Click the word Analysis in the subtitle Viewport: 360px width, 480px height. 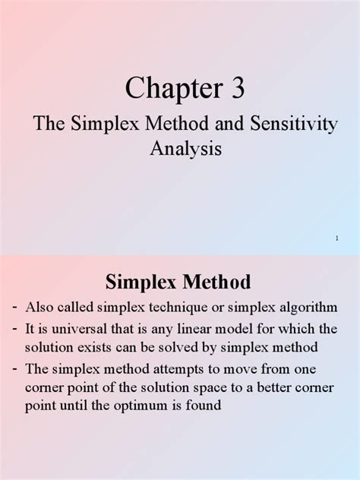pos(185,148)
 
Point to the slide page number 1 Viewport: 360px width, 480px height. pos(336,239)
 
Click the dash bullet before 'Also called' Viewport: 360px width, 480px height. pos(14,307)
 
